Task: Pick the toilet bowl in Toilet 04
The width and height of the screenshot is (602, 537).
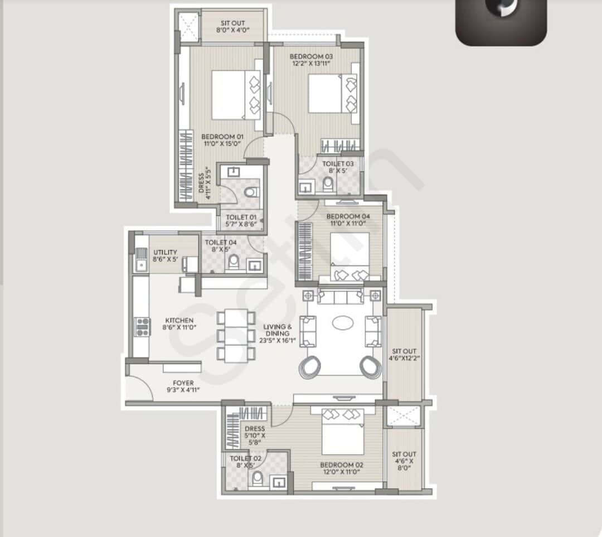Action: [x=234, y=262]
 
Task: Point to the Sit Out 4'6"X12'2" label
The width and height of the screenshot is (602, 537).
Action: [x=404, y=355]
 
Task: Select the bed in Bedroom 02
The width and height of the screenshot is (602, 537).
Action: [x=342, y=432]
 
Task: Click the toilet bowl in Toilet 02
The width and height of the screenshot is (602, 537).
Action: [x=257, y=478]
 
